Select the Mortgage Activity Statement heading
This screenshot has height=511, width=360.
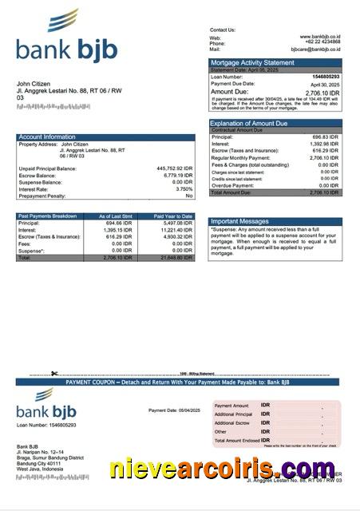[x=251, y=62]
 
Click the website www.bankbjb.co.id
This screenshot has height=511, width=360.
[x=320, y=37]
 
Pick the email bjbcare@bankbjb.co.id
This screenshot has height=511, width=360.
[x=315, y=49]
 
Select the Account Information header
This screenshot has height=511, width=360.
[x=47, y=137]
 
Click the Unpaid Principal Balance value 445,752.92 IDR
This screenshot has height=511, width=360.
[x=175, y=168]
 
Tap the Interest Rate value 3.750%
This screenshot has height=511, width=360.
[x=184, y=188]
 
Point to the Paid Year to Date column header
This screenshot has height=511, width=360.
[x=173, y=216]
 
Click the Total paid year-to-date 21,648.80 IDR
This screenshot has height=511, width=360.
[x=176, y=258]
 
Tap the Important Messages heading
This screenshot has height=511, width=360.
[x=239, y=221]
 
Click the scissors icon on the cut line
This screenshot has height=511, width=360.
[x=54, y=373]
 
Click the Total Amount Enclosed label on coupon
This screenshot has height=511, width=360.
[x=236, y=441]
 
